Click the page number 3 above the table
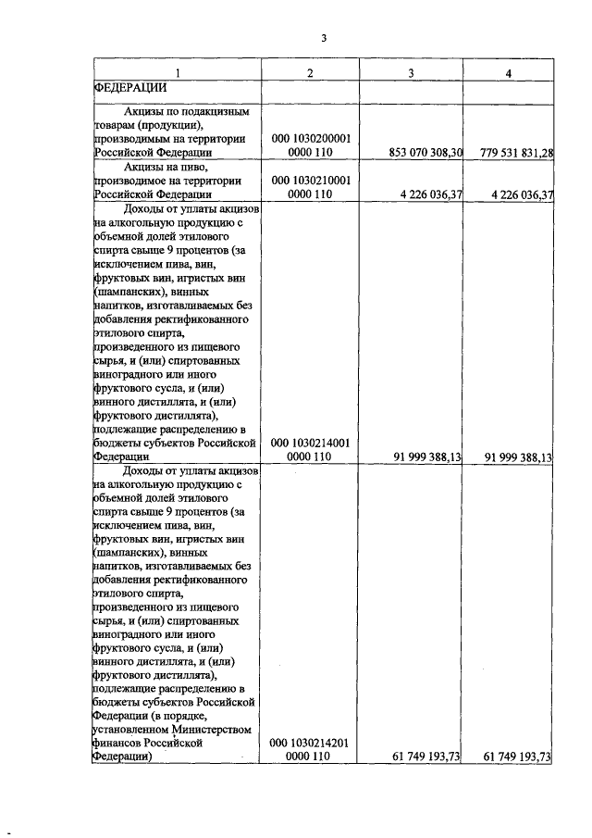coord(324,38)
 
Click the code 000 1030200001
coord(310,138)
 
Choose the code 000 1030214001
coord(310,443)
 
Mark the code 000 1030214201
coord(310,743)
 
